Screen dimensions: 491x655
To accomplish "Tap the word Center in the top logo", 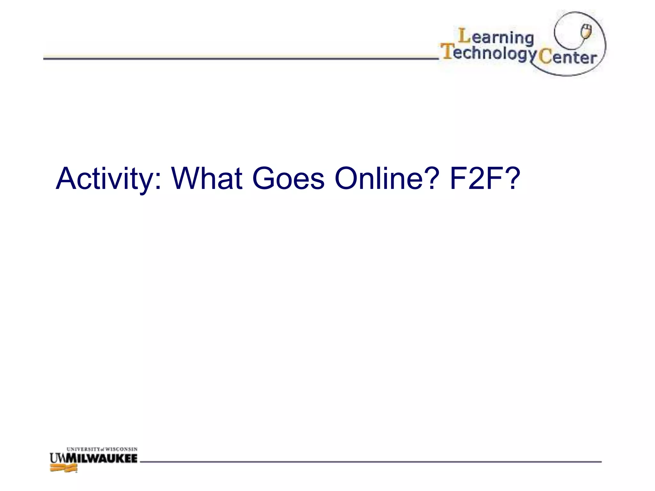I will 567,58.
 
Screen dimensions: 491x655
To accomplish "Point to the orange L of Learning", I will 464,36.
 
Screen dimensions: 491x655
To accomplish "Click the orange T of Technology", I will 447,51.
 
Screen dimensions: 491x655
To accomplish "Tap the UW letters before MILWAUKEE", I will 58,458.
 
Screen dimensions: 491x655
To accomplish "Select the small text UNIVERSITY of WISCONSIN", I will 102,449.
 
